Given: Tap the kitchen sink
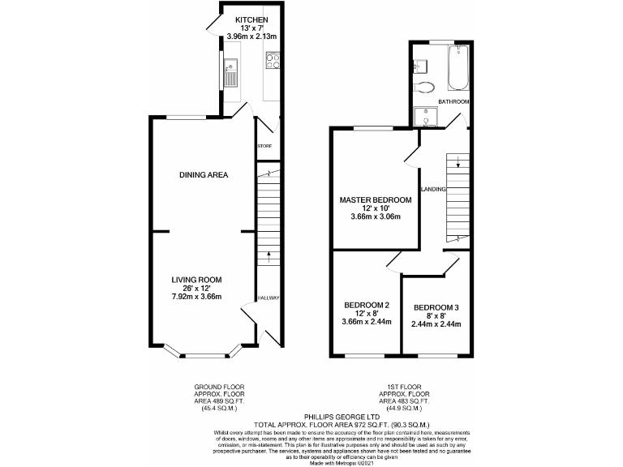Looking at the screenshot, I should click(x=230, y=77).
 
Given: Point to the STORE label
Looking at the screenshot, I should click(x=264, y=146).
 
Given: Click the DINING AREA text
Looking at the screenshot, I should click(x=203, y=175).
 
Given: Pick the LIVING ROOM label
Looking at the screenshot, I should click(x=196, y=280).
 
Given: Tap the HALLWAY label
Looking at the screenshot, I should click(x=268, y=298).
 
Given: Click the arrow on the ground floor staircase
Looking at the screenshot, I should click(x=269, y=257).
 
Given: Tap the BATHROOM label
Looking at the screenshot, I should click(x=453, y=101).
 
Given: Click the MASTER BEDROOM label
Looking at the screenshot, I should click(x=375, y=199).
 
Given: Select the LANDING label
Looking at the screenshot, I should click(x=432, y=189).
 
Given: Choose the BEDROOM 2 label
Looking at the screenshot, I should click(x=367, y=305).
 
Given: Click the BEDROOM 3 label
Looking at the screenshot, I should click(x=436, y=307).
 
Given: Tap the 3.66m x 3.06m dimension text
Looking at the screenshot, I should click(x=375, y=217).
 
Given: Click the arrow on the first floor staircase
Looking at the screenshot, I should click(x=458, y=165).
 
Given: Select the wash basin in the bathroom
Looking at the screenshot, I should click(x=421, y=65).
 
